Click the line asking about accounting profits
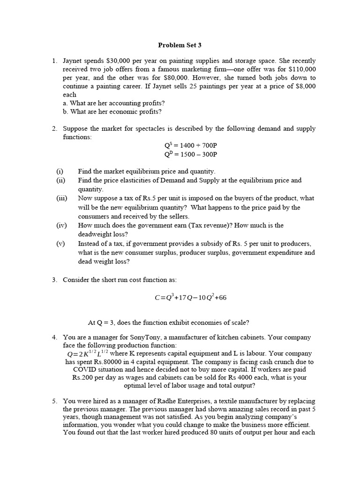[x=113, y=103]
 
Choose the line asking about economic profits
[x=112, y=112]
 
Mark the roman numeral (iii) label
[x=62, y=198]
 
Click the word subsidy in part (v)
[x=220, y=244]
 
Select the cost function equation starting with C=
[x=190, y=298]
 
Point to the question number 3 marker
[x=54, y=280]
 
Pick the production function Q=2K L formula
[x=88, y=353]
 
